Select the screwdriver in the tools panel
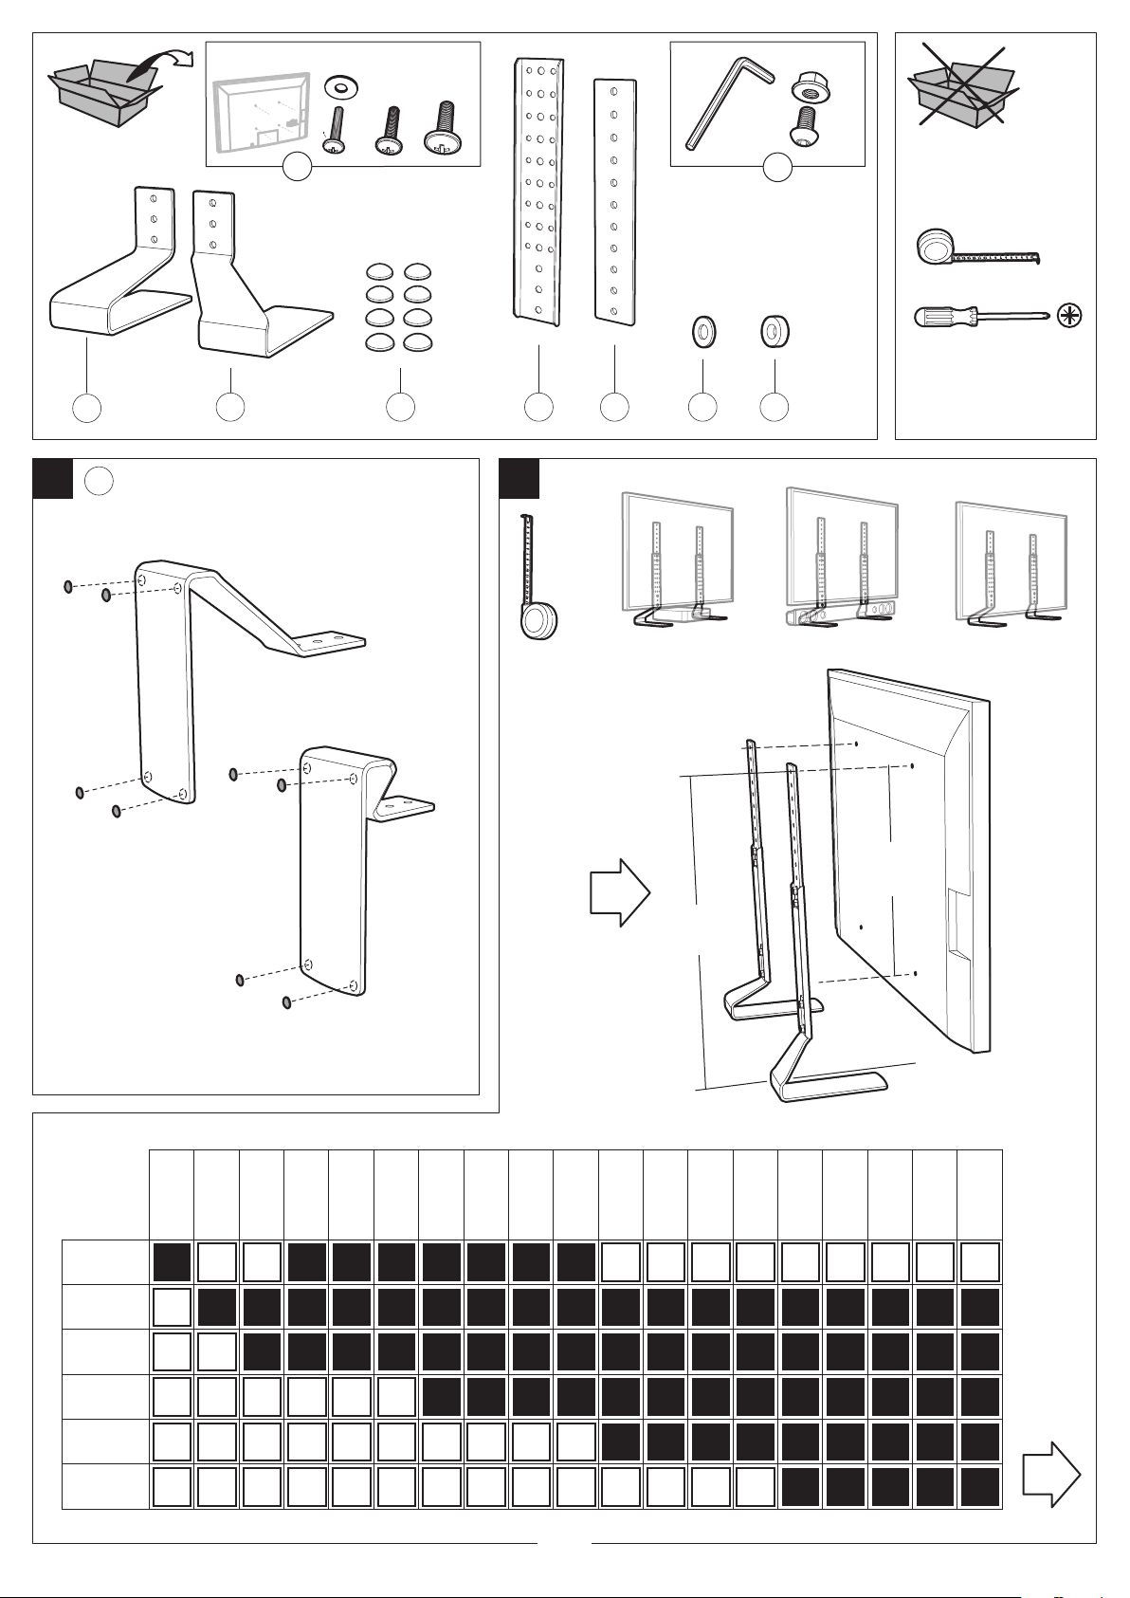pos(976,316)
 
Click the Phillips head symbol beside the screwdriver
pos(1068,316)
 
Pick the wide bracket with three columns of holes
pos(538,188)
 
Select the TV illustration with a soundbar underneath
pos(843,560)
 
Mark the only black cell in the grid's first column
pos(172,1262)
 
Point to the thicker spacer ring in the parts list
pos(775,332)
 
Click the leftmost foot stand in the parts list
pos(114,275)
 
